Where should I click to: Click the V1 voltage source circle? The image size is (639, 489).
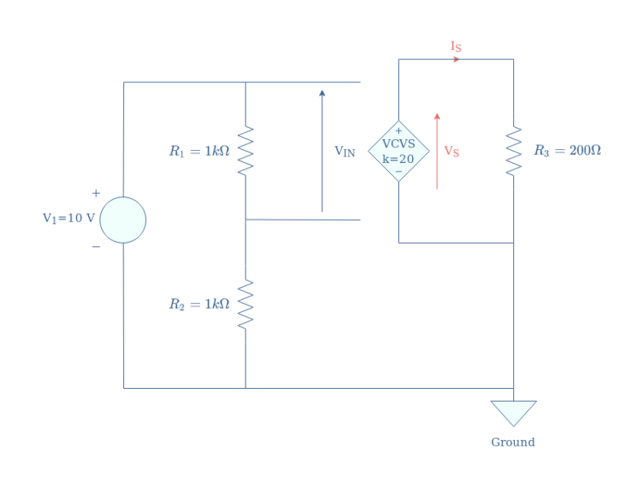click(123, 220)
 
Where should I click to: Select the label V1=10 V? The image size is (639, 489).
click(69, 218)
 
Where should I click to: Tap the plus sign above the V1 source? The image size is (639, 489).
click(96, 193)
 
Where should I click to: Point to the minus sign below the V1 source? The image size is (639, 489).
click(96, 247)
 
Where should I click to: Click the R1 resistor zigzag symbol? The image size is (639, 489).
click(246, 151)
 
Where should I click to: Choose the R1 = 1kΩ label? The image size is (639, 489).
click(199, 151)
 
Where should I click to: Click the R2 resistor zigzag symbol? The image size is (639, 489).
click(246, 304)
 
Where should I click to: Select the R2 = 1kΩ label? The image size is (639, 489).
click(199, 304)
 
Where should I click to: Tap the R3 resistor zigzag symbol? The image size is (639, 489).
click(513, 151)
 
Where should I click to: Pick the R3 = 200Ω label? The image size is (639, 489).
click(567, 151)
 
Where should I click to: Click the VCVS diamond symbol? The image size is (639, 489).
click(398, 151)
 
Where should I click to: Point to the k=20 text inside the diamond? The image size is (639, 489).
click(398, 158)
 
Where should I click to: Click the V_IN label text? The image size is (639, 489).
click(345, 152)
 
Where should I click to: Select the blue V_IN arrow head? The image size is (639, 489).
click(322, 94)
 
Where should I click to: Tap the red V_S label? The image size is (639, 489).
click(451, 152)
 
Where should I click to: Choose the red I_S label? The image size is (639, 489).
click(456, 46)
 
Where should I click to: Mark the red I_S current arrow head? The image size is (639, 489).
click(456, 59)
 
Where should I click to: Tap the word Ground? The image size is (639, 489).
click(513, 443)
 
